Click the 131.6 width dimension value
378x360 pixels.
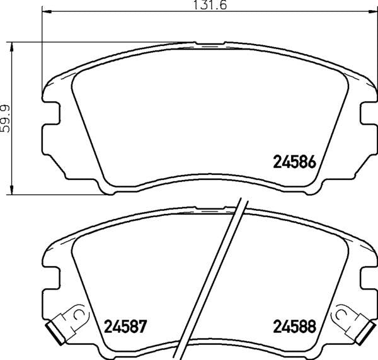click(210, 5)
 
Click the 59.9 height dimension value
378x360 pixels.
click(6, 118)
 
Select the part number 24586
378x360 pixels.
click(294, 162)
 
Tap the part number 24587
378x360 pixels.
click(125, 327)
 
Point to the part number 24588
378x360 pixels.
click(294, 327)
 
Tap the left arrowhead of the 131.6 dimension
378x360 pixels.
click(47, 11)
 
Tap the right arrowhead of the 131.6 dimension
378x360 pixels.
click(373, 11)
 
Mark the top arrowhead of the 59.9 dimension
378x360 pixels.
click(11, 47)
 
